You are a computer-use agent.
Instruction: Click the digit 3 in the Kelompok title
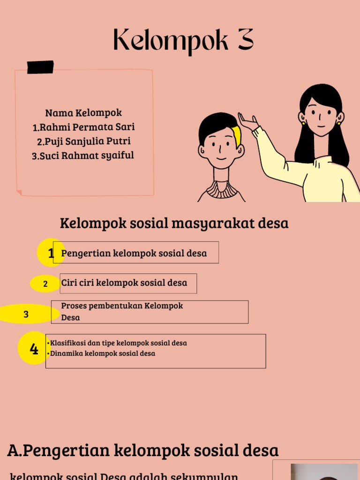244,40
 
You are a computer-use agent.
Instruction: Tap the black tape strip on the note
40,67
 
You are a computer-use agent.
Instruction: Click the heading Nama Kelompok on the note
83,113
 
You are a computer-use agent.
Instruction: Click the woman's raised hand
247,122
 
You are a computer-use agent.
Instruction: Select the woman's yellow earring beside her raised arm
303,123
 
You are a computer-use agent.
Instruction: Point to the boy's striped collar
221,190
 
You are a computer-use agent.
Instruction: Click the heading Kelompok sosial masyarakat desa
174,224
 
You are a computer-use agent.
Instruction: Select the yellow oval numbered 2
45,284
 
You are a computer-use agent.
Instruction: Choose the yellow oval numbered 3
26,314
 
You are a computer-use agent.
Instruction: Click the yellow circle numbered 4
33,349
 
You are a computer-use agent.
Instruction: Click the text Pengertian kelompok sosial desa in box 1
134,254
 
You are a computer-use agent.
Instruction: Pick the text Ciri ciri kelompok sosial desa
124,283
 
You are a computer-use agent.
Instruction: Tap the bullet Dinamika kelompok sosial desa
103,353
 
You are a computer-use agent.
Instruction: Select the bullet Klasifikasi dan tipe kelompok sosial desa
119,343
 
